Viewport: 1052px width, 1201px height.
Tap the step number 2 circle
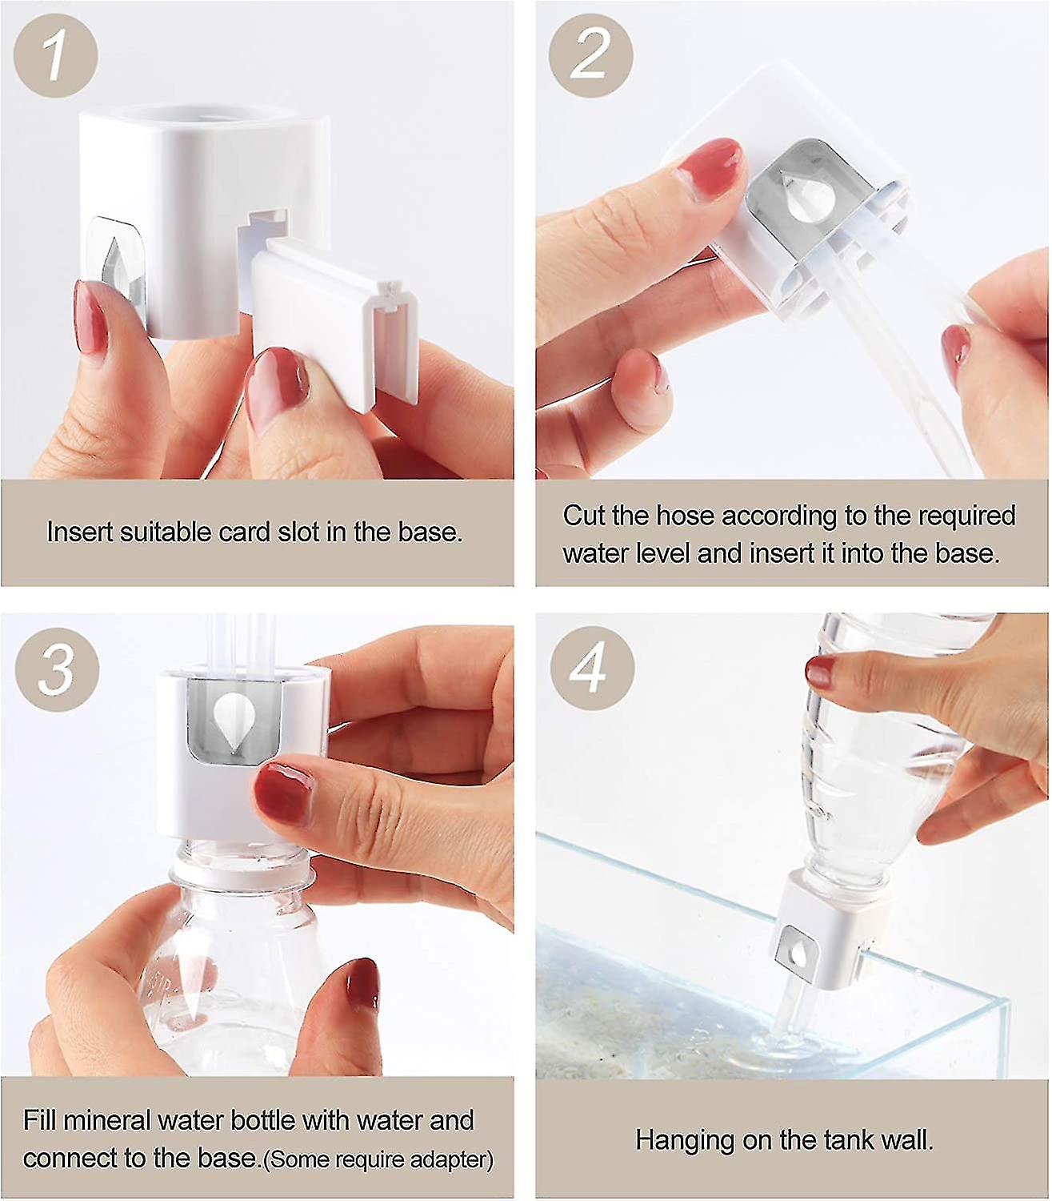click(590, 56)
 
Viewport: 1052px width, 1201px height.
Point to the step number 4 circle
click(592, 667)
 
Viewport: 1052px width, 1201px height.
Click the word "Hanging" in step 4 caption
click(684, 1140)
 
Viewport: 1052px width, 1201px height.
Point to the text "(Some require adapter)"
click(378, 1159)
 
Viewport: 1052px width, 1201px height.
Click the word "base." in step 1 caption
click(430, 532)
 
